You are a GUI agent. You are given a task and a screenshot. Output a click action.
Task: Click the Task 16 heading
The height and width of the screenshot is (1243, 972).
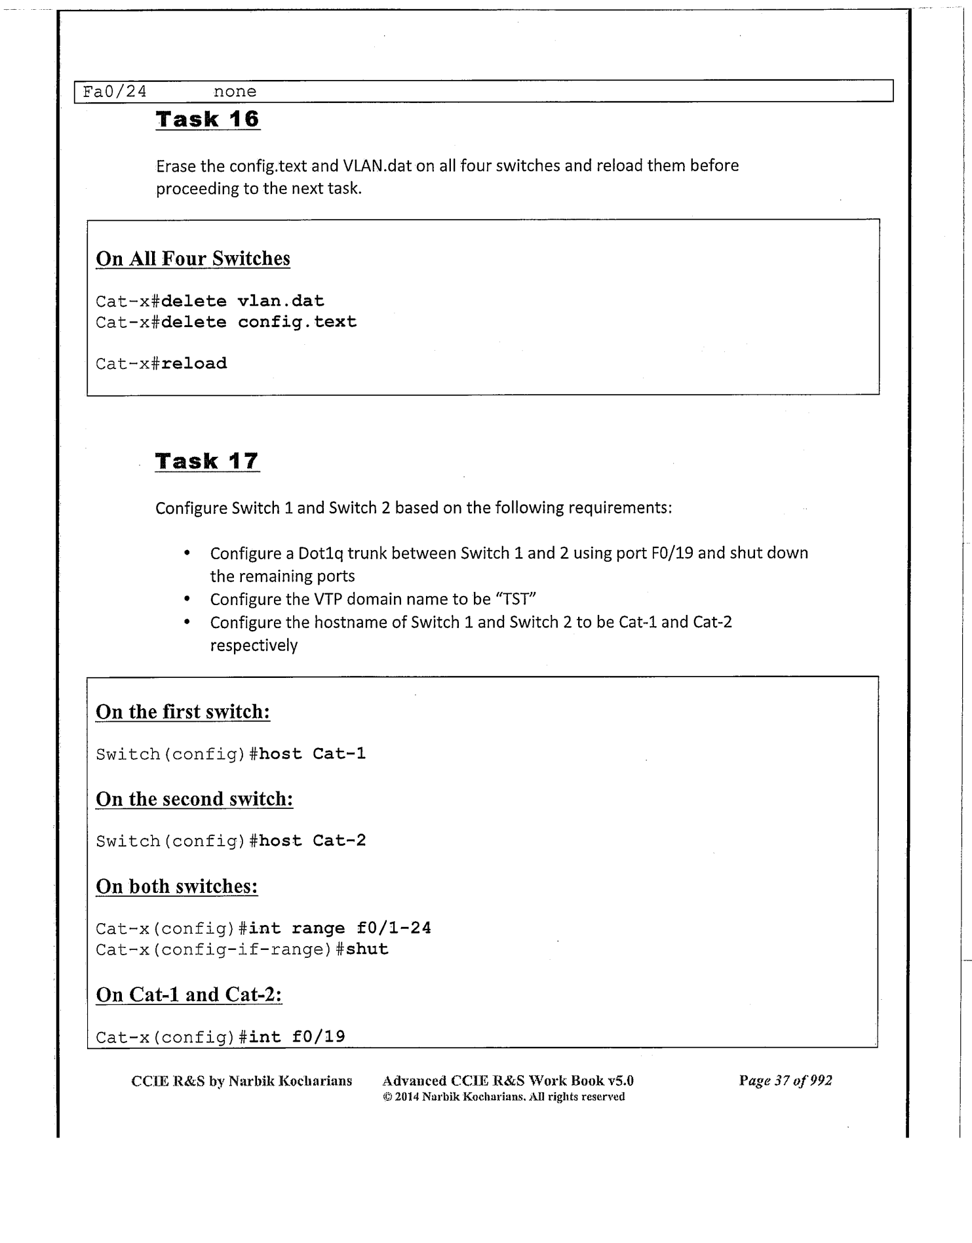tap(208, 119)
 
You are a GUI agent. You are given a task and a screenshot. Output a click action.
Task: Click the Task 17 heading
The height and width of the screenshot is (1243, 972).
tap(207, 461)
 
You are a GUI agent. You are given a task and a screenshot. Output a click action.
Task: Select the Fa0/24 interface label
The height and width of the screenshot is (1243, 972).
tap(115, 92)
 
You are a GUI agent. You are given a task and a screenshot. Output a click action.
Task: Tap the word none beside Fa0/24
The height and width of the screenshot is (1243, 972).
tap(235, 92)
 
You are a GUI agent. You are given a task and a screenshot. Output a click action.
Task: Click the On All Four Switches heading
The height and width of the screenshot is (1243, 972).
tap(193, 258)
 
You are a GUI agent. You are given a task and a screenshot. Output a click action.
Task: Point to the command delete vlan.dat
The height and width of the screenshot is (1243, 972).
tap(243, 301)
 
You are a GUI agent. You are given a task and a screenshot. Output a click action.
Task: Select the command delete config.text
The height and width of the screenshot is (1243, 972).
tap(259, 322)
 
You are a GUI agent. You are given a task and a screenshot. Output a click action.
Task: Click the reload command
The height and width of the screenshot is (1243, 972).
tap(194, 363)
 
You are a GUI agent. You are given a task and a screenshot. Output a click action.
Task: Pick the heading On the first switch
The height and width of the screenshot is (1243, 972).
tap(183, 712)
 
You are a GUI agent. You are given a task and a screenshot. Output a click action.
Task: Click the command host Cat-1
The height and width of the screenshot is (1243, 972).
tap(312, 754)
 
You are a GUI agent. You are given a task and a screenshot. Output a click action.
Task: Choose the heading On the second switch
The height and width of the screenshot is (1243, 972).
tap(194, 799)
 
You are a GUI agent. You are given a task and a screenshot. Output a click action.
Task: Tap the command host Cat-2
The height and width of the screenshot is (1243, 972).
tap(312, 840)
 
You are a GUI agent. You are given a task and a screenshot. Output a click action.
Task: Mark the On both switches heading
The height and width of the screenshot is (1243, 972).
tap(177, 886)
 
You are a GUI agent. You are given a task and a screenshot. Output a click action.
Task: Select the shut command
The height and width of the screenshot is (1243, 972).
tap(367, 949)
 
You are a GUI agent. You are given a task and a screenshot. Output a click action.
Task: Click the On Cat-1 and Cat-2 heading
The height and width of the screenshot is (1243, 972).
tap(189, 995)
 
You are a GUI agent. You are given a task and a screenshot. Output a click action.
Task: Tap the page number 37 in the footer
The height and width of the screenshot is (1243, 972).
tap(781, 1080)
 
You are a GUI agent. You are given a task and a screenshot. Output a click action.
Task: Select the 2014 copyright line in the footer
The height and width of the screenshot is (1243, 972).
tap(503, 1097)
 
